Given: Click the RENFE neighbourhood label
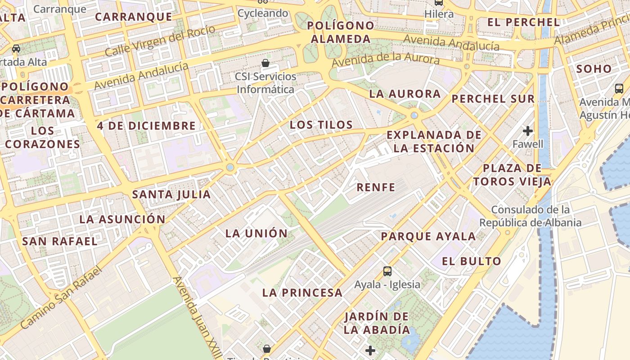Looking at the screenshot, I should (376, 187).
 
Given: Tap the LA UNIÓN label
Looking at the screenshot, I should (256, 233).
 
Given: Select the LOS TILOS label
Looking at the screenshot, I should (321, 125).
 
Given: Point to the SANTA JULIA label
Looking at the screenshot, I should (171, 194).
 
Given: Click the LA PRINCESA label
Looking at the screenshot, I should (302, 292).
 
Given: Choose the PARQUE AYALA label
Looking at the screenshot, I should (428, 236).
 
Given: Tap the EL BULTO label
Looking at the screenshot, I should (471, 261).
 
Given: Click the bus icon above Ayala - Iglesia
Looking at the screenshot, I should (387, 271).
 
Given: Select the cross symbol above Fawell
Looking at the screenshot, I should (528, 131).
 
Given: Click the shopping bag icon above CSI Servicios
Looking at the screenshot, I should (265, 63).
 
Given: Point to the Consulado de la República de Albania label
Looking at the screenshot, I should (530, 216).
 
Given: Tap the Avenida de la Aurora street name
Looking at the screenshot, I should (385, 58).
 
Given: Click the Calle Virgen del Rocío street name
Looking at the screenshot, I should (160, 42).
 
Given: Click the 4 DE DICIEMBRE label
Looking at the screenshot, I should (146, 126).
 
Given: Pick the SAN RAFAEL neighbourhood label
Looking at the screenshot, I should (60, 241).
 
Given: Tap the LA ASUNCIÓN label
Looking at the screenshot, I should (122, 220).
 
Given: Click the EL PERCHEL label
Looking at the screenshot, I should (523, 22).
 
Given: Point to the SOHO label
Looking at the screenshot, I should (594, 69).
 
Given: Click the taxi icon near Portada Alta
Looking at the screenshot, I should (16, 48).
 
